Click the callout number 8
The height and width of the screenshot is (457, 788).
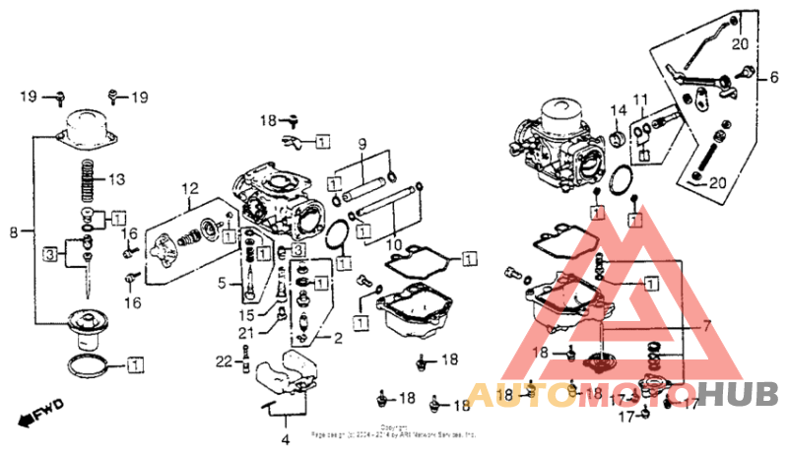(13, 232)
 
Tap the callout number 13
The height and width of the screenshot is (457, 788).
(117, 179)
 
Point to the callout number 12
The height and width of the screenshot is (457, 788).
(188, 188)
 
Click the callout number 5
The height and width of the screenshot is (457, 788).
(223, 285)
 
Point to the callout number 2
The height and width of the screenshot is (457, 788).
(337, 338)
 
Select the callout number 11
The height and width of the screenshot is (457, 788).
(641, 101)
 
